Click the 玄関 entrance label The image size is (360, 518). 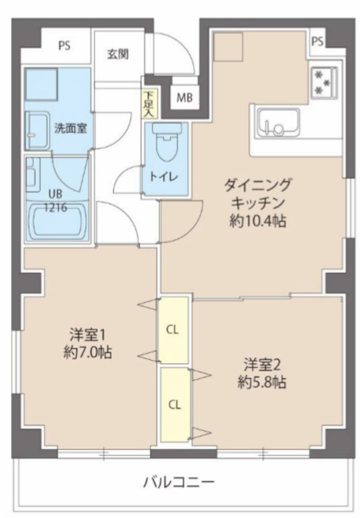[118, 54]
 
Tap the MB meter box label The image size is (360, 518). [184, 98]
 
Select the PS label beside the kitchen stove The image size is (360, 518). [318, 41]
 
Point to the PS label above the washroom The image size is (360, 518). [64, 45]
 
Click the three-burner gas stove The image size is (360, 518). [324, 82]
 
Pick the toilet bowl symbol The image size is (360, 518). [167, 142]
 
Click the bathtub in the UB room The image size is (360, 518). [58, 222]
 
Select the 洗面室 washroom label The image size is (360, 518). [71, 128]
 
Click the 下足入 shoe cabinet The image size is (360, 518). [150, 103]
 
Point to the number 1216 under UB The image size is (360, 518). [56, 208]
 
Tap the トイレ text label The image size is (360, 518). [164, 177]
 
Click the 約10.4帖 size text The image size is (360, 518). [258, 221]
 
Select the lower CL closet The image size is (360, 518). [175, 405]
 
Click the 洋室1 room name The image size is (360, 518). [87, 336]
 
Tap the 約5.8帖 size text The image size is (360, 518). [261, 382]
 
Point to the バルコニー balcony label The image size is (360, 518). [178, 482]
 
